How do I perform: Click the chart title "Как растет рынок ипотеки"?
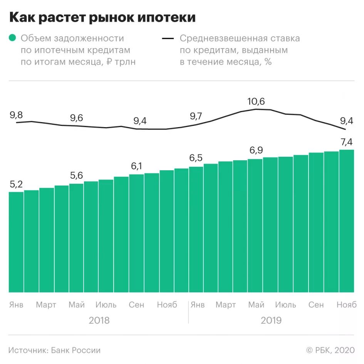click(102, 18)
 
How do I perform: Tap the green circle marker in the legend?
click(13, 38)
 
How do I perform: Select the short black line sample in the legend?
click(168, 38)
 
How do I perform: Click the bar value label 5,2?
click(16, 185)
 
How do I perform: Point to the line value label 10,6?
click(256, 101)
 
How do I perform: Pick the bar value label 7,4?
click(347, 142)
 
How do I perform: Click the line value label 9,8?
click(16, 114)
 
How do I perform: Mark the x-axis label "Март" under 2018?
click(46, 305)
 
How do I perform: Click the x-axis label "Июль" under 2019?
click(285, 305)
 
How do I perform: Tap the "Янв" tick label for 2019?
click(198, 305)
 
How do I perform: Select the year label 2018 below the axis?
click(99, 320)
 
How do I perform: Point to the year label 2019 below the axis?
click(271, 320)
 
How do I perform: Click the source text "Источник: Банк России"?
click(54, 350)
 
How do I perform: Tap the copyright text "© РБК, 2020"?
click(330, 350)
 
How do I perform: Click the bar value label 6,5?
click(196, 158)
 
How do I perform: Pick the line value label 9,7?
click(196, 116)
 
